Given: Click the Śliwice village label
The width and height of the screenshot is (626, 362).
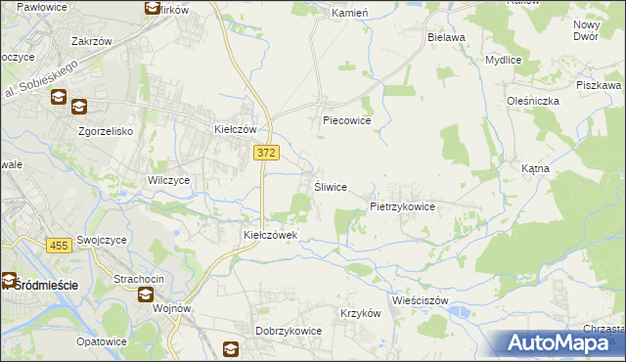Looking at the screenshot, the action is [x=330, y=187].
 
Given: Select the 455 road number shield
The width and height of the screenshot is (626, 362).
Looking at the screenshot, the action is [x=58, y=245].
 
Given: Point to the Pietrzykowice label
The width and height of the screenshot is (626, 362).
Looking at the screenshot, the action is [x=402, y=207].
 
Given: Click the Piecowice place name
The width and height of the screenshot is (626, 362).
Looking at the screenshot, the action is [x=347, y=121].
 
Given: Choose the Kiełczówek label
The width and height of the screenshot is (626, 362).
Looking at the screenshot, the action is [x=277, y=236].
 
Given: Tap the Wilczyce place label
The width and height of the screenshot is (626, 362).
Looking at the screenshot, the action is [x=168, y=180].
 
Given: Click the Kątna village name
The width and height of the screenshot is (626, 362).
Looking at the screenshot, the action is [x=535, y=168].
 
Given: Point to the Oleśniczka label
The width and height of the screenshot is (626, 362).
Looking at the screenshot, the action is [x=533, y=100].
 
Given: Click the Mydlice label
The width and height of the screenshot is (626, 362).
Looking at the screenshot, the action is [x=503, y=59].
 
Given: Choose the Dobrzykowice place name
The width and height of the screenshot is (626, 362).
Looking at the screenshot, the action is [x=289, y=331].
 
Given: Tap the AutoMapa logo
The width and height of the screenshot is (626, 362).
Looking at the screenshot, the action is [x=559, y=342].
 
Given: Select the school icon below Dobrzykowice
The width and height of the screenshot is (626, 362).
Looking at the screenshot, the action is [x=231, y=348].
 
